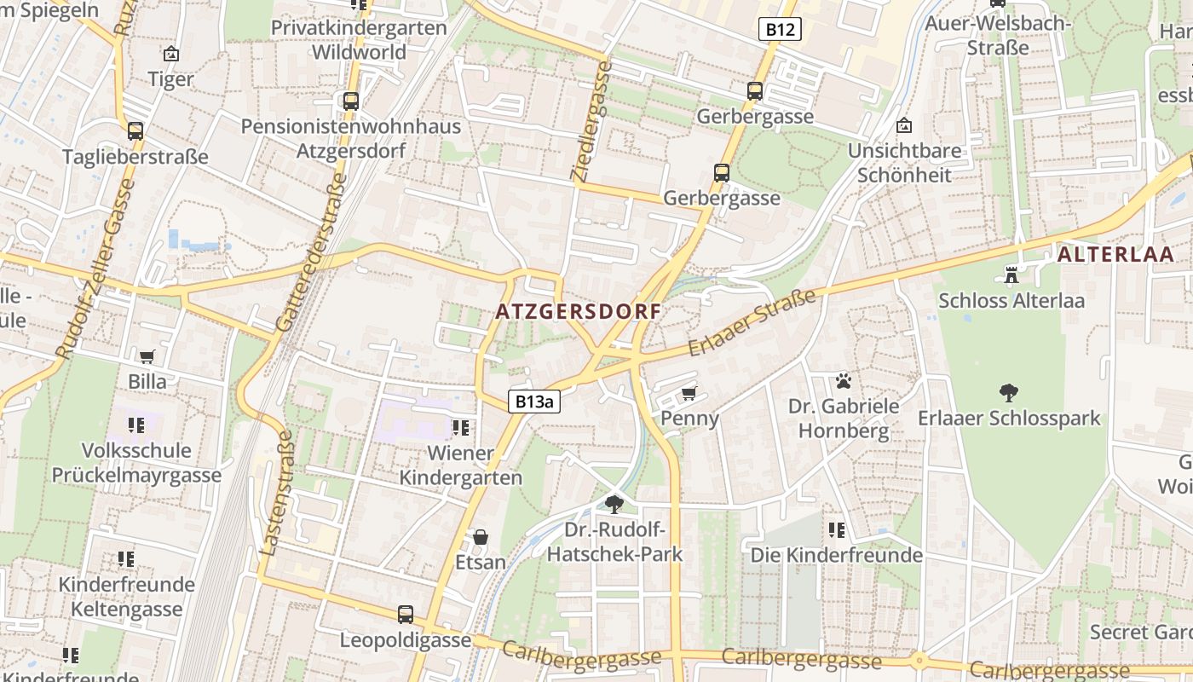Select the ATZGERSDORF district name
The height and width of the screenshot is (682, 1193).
click(x=579, y=312)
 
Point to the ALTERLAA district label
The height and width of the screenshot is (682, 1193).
click(x=1115, y=255)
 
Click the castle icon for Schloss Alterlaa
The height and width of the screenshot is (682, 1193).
click(x=1011, y=275)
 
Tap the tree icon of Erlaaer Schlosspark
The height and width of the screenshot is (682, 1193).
click(x=1009, y=393)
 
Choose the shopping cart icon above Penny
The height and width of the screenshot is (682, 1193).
click(x=689, y=393)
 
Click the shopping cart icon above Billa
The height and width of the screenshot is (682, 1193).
click(x=147, y=355)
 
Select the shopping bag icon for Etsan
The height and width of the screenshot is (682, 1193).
click(x=481, y=537)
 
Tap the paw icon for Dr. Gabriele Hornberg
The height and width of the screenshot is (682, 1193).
click(x=844, y=380)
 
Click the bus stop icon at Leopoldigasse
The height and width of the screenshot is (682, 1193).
click(x=406, y=614)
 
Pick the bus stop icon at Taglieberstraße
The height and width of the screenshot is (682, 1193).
click(x=135, y=131)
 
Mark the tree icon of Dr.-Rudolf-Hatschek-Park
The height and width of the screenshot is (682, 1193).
click(x=614, y=504)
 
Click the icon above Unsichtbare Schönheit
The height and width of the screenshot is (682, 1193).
click(x=904, y=126)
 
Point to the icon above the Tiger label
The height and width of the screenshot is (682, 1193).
click(x=171, y=54)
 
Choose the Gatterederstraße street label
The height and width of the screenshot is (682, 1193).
click(x=312, y=252)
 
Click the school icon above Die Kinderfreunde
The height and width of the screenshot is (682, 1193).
click(x=837, y=530)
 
